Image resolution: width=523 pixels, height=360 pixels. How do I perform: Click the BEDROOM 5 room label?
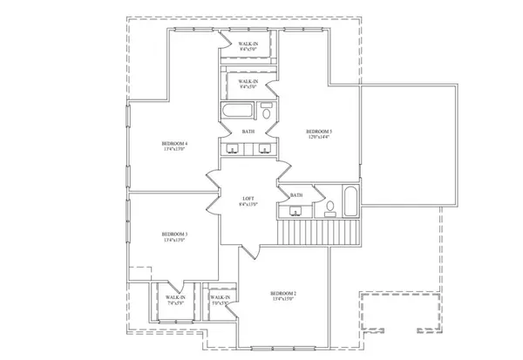tap(319, 132)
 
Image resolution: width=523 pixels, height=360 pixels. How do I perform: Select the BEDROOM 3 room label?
tap(175, 234)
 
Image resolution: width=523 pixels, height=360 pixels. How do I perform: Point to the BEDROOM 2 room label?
tap(283, 293)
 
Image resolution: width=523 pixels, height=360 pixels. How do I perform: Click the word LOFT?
tap(248, 200)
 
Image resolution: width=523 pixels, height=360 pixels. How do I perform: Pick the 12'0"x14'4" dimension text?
tap(319, 138)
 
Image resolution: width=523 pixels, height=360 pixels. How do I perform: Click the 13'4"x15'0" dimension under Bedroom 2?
tap(283, 299)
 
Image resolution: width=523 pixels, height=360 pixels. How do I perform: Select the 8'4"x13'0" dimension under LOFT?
tap(248, 206)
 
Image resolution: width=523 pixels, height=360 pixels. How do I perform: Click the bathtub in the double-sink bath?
tap(234, 112)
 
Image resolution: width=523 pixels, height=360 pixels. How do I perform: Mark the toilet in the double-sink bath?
tap(265, 112)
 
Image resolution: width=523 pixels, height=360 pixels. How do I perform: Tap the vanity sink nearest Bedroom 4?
tap(233, 148)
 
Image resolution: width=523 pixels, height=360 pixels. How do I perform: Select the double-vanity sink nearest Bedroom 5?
tap(262, 148)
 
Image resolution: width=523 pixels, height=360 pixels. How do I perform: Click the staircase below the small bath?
tap(318, 232)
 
